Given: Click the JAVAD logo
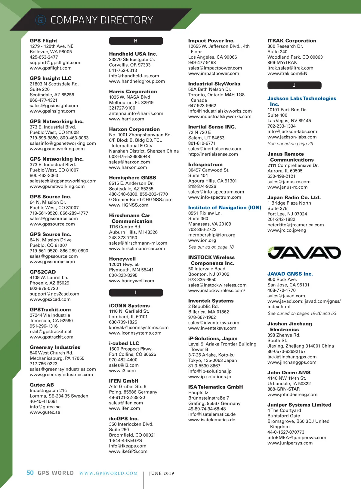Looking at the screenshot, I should [x=304, y=253].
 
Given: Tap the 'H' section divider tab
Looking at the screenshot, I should [x=136, y=41].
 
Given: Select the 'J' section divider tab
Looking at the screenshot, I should [x=294, y=85].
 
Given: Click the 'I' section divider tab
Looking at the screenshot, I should [x=136, y=292].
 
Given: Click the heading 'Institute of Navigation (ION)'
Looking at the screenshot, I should [x=224, y=208].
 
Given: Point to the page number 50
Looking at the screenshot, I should [x=30, y=473].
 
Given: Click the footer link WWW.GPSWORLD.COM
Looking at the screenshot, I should [x=108, y=473].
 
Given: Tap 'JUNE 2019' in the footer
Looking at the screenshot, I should [x=162, y=473].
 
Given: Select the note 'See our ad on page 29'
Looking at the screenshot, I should [x=290, y=144].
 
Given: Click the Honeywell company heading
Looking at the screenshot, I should [x=122, y=259].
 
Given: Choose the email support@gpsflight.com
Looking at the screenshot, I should [x=55, y=63].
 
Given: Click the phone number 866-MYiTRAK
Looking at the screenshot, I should [x=282, y=63].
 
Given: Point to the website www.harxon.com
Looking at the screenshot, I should [x=128, y=167].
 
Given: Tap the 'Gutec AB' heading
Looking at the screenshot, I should [x=42, y=385].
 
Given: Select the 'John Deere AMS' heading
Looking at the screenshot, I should [x=289, y=373].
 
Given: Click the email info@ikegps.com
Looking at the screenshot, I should [x=128, y=446].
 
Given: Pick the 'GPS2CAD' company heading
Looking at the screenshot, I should [x=43, y=272].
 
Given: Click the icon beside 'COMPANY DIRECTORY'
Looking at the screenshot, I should [x=41, y=20].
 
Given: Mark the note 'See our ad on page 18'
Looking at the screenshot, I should [x=211, y=247].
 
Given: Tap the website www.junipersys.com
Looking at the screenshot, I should [x=290, y=443].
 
